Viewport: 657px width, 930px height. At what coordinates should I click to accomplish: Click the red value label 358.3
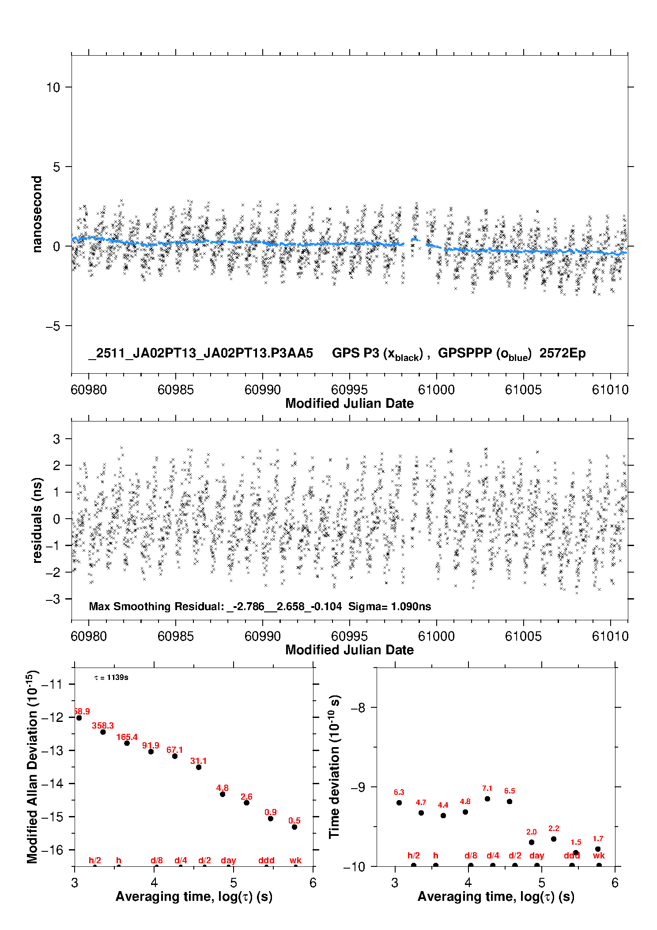(103, 725)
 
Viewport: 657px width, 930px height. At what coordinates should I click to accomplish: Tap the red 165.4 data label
(127, 737)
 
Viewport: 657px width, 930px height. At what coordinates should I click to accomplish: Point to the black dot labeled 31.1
(199, 767)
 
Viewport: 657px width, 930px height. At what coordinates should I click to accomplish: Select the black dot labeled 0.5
(295, 827)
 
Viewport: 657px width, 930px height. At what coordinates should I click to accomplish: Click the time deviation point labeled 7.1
(487, 798)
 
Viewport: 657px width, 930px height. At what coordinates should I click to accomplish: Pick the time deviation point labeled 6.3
(399, 802)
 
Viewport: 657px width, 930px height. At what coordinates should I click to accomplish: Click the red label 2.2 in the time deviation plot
(554, 828)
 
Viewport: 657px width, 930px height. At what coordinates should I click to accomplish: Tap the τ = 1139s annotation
(111, 677)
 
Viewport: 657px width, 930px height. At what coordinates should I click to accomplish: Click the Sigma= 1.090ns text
(389, 606)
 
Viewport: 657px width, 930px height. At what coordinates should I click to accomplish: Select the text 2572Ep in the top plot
(562, 353)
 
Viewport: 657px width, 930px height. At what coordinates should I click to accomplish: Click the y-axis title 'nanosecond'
(37, 214)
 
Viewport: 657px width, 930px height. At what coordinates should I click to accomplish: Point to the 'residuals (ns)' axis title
(37, 520)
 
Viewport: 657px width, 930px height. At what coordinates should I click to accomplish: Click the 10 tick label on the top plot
(53, 87)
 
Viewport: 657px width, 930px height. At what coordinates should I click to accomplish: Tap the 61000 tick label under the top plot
(436, 390)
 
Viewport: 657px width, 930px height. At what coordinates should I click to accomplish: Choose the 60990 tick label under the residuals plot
(262, 636)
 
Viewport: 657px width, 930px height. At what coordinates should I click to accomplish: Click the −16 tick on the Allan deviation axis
(52, 850)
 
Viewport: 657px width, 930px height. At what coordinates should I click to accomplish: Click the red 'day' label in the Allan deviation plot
(228, 860)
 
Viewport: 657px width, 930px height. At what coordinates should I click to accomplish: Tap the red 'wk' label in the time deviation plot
(599, 855)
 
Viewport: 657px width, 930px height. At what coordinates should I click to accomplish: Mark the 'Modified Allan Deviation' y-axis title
(32, 767)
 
